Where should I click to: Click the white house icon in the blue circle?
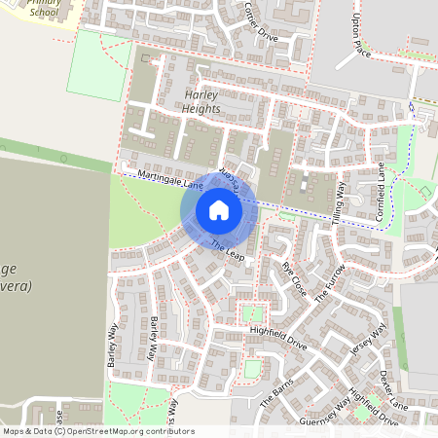(x=219, y=209)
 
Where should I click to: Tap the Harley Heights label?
(x=202, y=101)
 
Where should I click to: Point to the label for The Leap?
(x=226, y=250)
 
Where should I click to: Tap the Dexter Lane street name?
(x=393, y=389)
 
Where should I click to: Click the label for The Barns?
(x=276, y=394)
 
